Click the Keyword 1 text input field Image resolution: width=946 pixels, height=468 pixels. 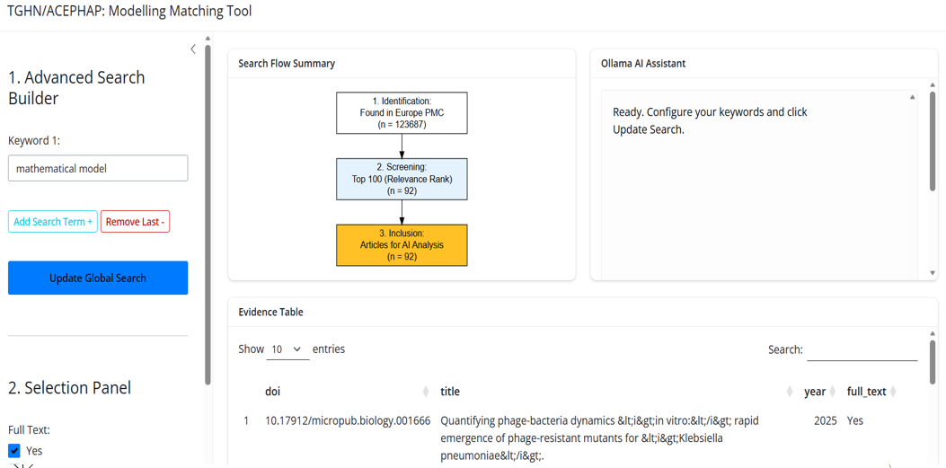98,168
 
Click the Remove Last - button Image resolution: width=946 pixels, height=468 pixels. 135,222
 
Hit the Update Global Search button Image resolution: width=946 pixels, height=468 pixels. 98,278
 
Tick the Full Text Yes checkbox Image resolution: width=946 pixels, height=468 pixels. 14,451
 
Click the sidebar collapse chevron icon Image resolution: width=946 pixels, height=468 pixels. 193,49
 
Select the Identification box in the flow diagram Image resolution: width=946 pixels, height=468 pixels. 402,113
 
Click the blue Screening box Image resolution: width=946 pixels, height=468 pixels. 402,179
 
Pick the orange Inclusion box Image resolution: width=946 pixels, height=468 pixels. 402,245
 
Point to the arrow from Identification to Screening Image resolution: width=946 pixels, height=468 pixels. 402,146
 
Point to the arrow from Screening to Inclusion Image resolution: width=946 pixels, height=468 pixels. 402,212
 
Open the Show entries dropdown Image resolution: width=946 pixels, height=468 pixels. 287,349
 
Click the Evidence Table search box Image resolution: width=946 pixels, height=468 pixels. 862,349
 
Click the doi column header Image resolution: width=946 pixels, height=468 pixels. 273,392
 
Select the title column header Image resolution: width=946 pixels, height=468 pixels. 450,392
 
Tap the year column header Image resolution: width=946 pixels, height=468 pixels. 815,392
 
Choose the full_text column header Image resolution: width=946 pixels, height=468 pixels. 866,392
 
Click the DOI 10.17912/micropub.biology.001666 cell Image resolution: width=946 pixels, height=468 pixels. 348,420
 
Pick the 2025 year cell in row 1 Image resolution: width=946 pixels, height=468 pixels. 825,420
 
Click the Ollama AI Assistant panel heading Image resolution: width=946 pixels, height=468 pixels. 643,64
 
